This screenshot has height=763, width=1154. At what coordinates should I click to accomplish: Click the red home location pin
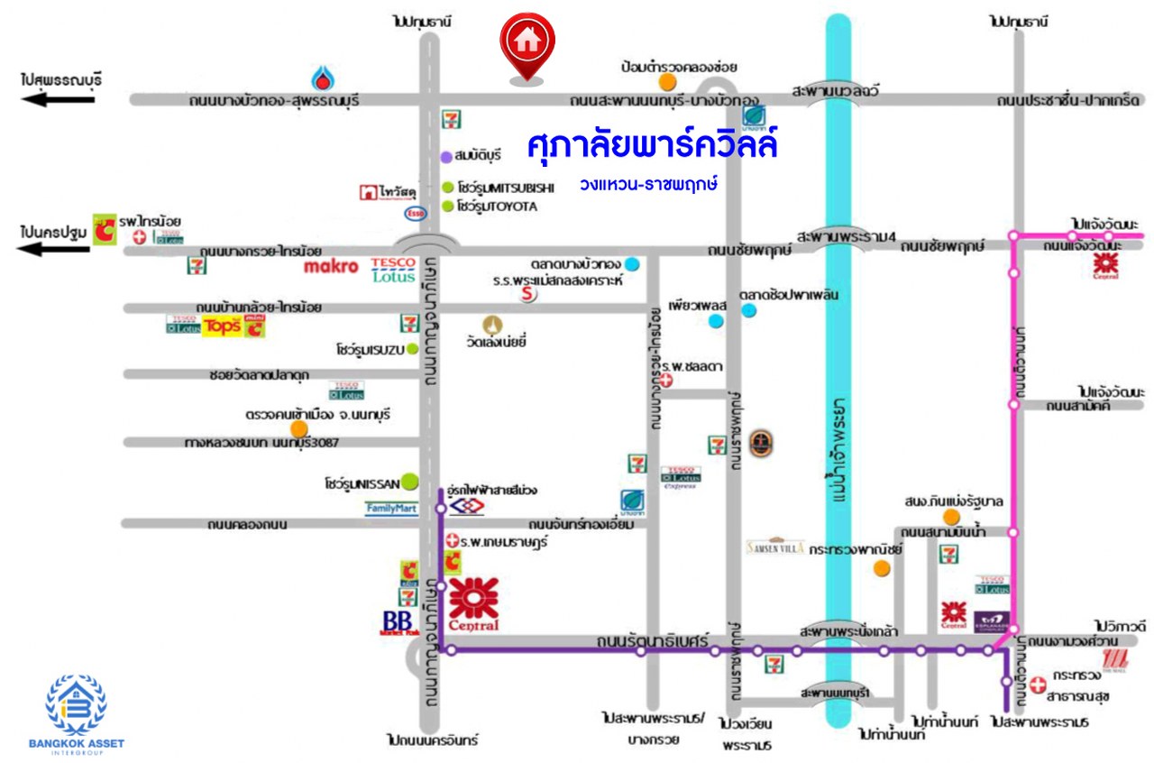527,43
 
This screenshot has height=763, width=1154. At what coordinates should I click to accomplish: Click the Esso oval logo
416,214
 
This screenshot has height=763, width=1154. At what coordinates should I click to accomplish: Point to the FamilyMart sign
391,509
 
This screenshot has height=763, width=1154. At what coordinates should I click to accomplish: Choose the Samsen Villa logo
774,546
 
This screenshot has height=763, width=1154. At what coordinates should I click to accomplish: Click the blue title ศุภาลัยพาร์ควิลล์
651,144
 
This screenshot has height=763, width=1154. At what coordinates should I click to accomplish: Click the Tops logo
222,326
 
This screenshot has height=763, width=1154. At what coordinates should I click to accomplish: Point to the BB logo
397,622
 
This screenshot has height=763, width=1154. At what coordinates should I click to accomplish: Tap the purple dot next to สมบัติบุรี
445,157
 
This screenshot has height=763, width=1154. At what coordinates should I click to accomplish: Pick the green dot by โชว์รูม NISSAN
410,482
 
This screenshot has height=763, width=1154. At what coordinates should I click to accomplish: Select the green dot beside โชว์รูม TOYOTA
448,207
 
